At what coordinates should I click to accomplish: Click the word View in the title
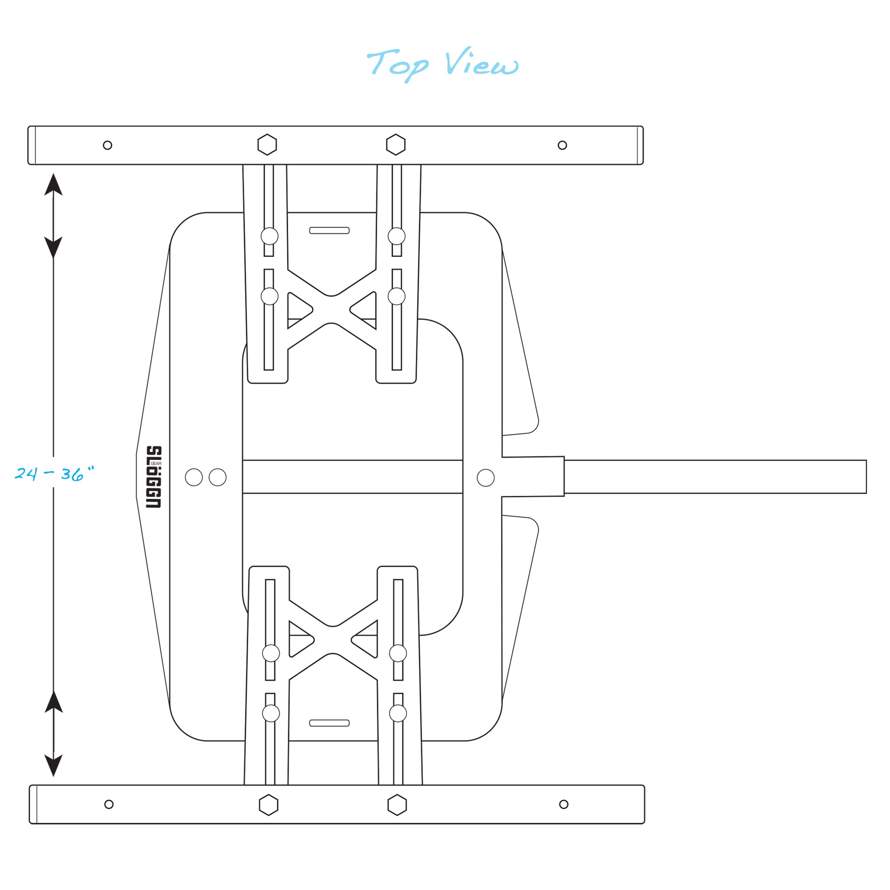tap(482, 62)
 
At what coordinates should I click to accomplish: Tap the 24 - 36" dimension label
tap(54, 473)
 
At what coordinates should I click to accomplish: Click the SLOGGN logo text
tap(154, 477)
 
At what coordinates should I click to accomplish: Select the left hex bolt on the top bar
tap(267, 145)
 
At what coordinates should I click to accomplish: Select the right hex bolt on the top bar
tap(396, 145)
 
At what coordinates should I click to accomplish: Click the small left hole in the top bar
tap(107, 145)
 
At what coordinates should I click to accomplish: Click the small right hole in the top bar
tap(562, 145)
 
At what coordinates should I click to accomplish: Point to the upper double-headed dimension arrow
tap(53, 216)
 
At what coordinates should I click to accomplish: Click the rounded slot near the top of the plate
tap(329, 230)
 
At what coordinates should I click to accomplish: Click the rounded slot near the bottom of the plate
tap(329, 723)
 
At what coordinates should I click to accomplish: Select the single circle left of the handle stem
tap(485, 478)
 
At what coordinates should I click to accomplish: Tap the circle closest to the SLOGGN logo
tap(194, 477)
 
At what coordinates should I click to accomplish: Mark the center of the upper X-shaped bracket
tap(331, 309)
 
